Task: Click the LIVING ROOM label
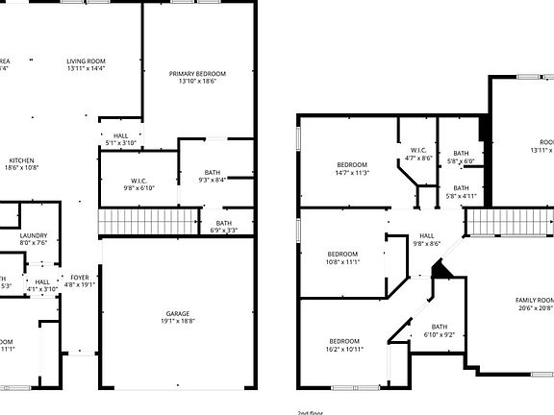(86, 60)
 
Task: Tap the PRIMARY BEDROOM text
(197, 74)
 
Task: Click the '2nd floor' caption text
(311, 412)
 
